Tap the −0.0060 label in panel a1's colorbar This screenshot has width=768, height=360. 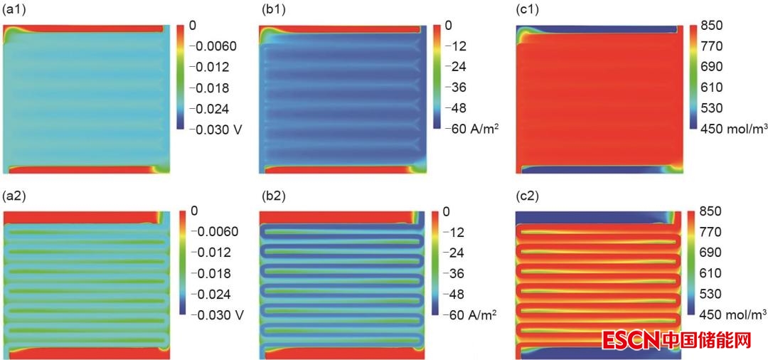[x=215, y=46]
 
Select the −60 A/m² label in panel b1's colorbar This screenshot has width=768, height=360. [x=470, y=129]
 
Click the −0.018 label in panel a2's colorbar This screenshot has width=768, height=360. [x=212, y=273]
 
